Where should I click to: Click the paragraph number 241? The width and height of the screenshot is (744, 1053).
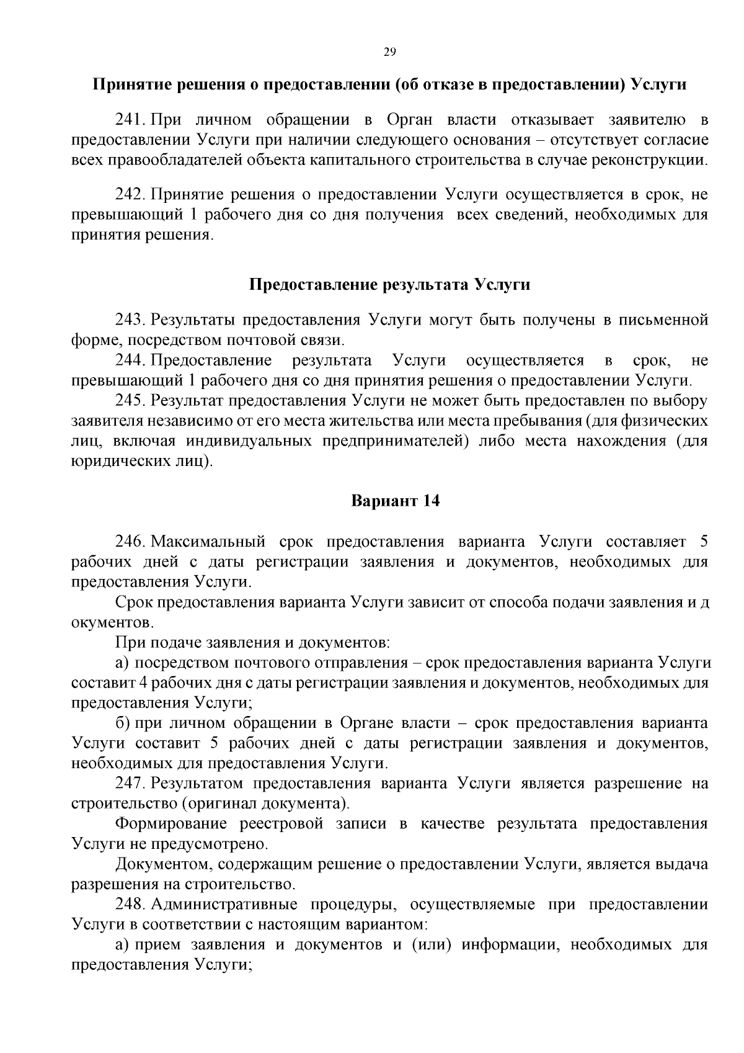(x=130, y=119)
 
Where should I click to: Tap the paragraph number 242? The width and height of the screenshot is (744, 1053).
(x=130, y=195)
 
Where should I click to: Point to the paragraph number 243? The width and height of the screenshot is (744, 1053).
(x=130, y=320)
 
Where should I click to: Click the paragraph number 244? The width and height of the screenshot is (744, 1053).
(x=130, y=361)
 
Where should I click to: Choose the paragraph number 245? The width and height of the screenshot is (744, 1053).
(x=130, y=401)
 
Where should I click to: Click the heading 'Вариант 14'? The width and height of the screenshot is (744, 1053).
(x=395, y=501)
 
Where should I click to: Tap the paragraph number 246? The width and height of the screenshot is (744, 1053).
(x=130, y=542)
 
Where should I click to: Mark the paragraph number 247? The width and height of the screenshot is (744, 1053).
(x=130, y=784)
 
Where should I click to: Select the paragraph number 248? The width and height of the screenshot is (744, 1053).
(x=130, y=905)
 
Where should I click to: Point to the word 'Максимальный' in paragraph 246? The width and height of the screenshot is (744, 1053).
(x=208, y=542)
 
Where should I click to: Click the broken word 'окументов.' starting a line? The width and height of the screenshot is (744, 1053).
(x=112, y=622)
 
